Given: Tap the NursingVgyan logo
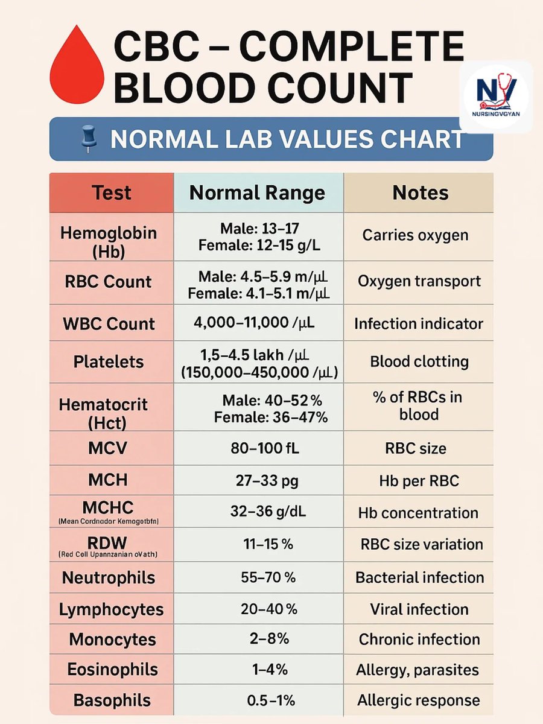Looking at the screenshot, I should point(496,97).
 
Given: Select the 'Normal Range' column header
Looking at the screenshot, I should point(257,193).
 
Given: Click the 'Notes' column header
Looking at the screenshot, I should point(421,193).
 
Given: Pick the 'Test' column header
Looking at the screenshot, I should point(111,193).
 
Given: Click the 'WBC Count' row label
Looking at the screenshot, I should point(109,323).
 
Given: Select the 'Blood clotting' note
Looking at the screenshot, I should point(419,361).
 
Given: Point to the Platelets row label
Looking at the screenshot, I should point(109,362).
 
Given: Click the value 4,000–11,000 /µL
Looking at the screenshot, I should point(254,323).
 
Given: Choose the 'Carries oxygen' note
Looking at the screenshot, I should point(415,235).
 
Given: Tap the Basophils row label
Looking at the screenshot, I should point(112,700).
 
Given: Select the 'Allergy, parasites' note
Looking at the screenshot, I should point(418,670).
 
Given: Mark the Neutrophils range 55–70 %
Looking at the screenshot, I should point(268,577).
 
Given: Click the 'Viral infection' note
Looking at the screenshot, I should point(419,609).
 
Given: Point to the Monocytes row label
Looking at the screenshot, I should point(112,640).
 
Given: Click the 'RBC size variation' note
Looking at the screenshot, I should point(421,544).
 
